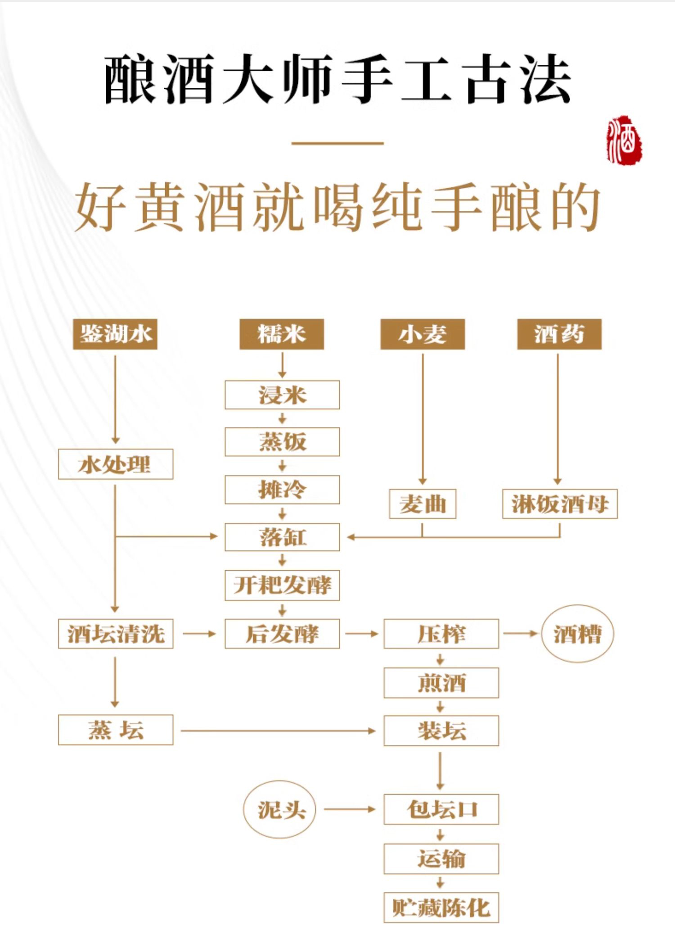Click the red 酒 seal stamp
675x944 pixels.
(624, 139)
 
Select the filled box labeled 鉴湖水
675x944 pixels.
(115, 334)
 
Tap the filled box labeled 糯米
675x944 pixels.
(282, 334)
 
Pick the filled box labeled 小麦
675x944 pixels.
(423, 334)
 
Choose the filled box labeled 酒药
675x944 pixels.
(559, 334)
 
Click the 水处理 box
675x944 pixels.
(116, 464)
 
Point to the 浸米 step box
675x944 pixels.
(282, 395)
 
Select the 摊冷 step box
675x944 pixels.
(282, 489)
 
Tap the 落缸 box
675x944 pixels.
(282, 537)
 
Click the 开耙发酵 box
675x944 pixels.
(282, 585)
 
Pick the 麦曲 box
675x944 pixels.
(423, 504)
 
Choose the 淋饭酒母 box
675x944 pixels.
(560, 504)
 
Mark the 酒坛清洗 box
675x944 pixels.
(116, 634)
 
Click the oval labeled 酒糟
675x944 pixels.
(577, 634)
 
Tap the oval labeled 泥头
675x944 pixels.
(279, 809)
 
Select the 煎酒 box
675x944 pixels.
(441, 683)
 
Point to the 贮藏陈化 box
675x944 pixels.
(441, 908)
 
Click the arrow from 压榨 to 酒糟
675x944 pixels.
(520, 634)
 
